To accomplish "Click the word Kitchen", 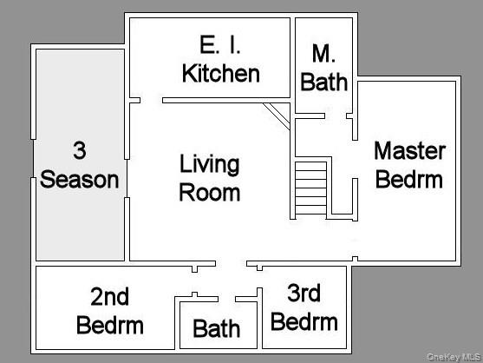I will point(220,73).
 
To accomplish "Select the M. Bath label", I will point(324,69).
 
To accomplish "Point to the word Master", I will point(409,151).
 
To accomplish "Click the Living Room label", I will point(210,177).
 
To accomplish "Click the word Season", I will point(80,180).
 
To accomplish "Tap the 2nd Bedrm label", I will point(110,311).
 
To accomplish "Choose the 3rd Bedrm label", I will point(304,307).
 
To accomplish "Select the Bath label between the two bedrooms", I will point(217,329).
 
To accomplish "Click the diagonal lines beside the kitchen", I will point(277,114).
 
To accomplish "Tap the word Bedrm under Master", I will point(409,180).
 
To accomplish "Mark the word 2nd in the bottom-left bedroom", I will point(110,297).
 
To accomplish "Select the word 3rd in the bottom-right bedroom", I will point(304,294).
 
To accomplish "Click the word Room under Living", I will point(210,191).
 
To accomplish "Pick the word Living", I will point(210,163).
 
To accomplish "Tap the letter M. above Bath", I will point(324,55).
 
